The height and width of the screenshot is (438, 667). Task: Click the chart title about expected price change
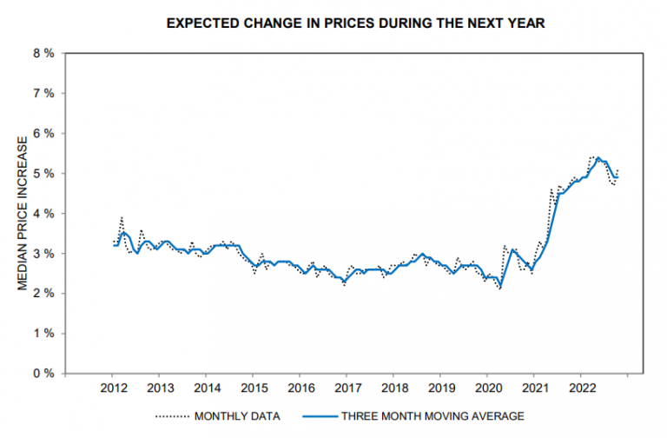(355, 23)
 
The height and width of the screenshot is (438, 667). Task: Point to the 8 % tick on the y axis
(43, 53)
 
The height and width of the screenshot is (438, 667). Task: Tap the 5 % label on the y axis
(43, 173)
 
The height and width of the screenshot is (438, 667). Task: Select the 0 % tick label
(43, 373)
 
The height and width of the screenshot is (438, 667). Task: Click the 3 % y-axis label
(43, 253)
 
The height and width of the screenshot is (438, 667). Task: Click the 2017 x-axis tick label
(347, 388)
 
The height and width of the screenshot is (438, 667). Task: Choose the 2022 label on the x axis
(580, 388)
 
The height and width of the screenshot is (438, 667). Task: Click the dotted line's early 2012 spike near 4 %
(122, 217)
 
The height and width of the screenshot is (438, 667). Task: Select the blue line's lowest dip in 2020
(500, 286)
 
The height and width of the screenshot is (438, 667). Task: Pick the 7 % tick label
(43, 93)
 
